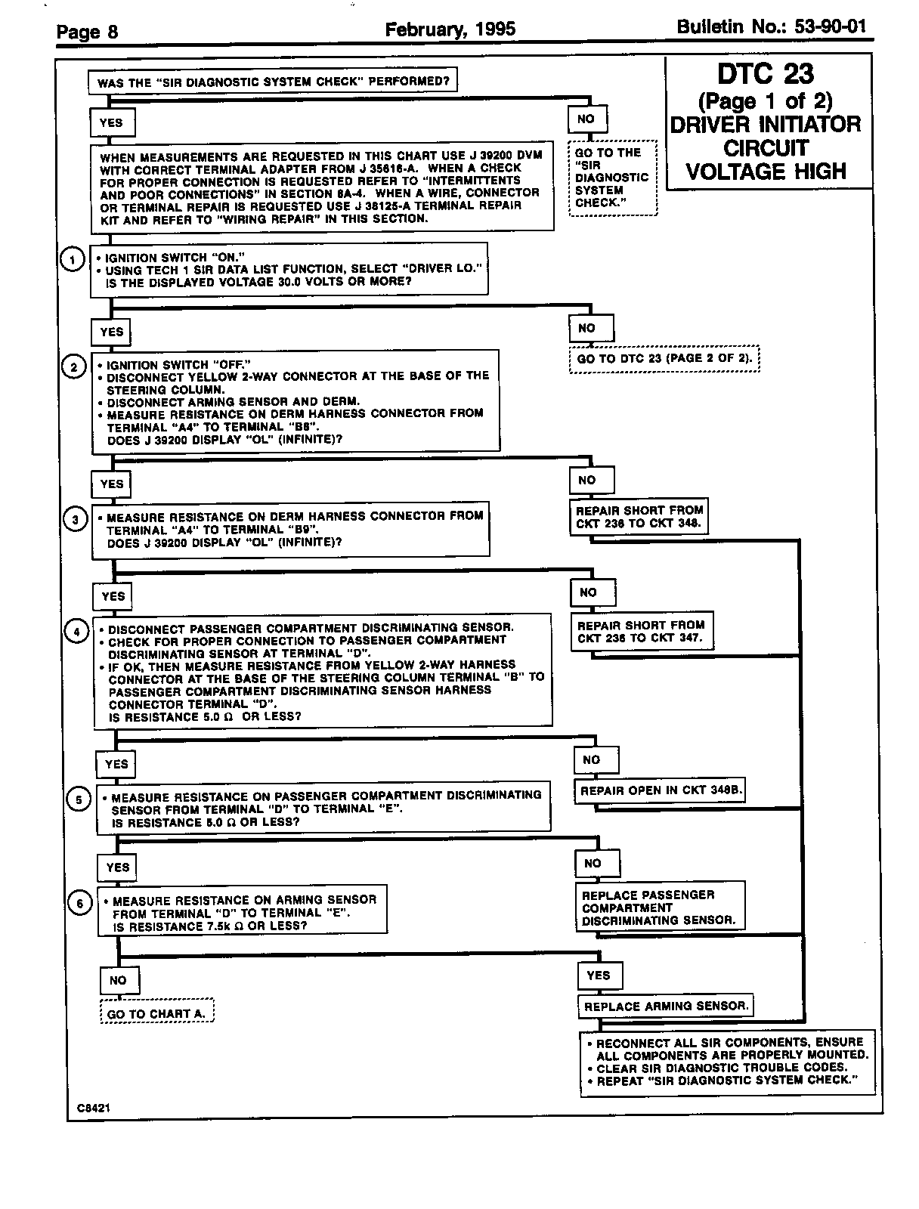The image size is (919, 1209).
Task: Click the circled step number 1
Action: point(72,260)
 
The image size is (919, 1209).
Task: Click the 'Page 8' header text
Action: point(88,32)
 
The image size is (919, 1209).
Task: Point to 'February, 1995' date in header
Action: point(450,29)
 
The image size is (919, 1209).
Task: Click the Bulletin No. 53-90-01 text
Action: point(771,28)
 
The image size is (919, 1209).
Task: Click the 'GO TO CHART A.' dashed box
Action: point(156,1013)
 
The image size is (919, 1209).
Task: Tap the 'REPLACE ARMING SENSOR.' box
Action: point(666,1006)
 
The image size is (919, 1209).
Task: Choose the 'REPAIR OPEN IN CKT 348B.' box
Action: point(659,790)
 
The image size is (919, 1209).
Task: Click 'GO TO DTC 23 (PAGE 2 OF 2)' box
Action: point(664,358)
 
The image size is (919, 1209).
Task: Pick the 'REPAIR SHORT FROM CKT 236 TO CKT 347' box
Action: point(641,632)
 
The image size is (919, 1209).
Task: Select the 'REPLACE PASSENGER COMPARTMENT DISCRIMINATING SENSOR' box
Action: point(659,908)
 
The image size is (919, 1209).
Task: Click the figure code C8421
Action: point(93,1108)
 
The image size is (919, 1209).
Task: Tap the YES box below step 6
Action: point(599,976)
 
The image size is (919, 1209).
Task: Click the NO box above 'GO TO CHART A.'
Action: point(118,980)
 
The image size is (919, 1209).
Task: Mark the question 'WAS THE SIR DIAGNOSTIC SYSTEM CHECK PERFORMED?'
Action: point(273,82)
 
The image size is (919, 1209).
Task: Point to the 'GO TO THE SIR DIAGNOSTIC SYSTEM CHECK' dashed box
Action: point(612,178)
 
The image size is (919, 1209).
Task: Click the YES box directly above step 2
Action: point(111,332)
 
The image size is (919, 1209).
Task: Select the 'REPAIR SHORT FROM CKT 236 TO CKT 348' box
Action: point(639,517)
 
